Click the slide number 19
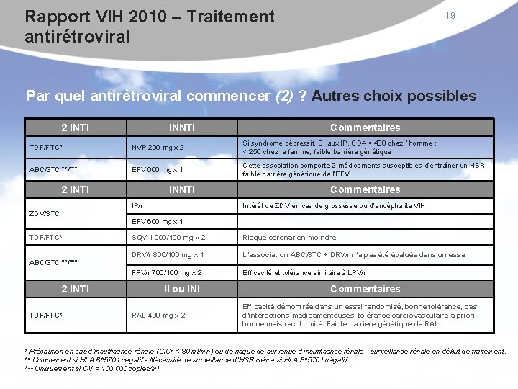point(450,16)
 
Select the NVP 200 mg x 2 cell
point(158,148)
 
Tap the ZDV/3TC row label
point(45,213)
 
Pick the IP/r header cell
point(137,206)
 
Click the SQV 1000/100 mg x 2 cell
point(168,238)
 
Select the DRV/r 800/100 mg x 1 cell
point(168,255)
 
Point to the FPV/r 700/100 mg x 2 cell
point(167,273)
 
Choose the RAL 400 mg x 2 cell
point(158,316)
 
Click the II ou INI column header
point(181,290)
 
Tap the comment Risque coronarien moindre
point(289,238)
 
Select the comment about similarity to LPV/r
point(304,273)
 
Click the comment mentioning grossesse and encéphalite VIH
point(334,206)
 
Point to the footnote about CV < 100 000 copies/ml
point(94,368)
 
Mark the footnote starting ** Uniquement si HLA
point(187,359)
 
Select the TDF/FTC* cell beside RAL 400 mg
point(46,316)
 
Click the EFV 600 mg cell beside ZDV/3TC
point(158,222)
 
